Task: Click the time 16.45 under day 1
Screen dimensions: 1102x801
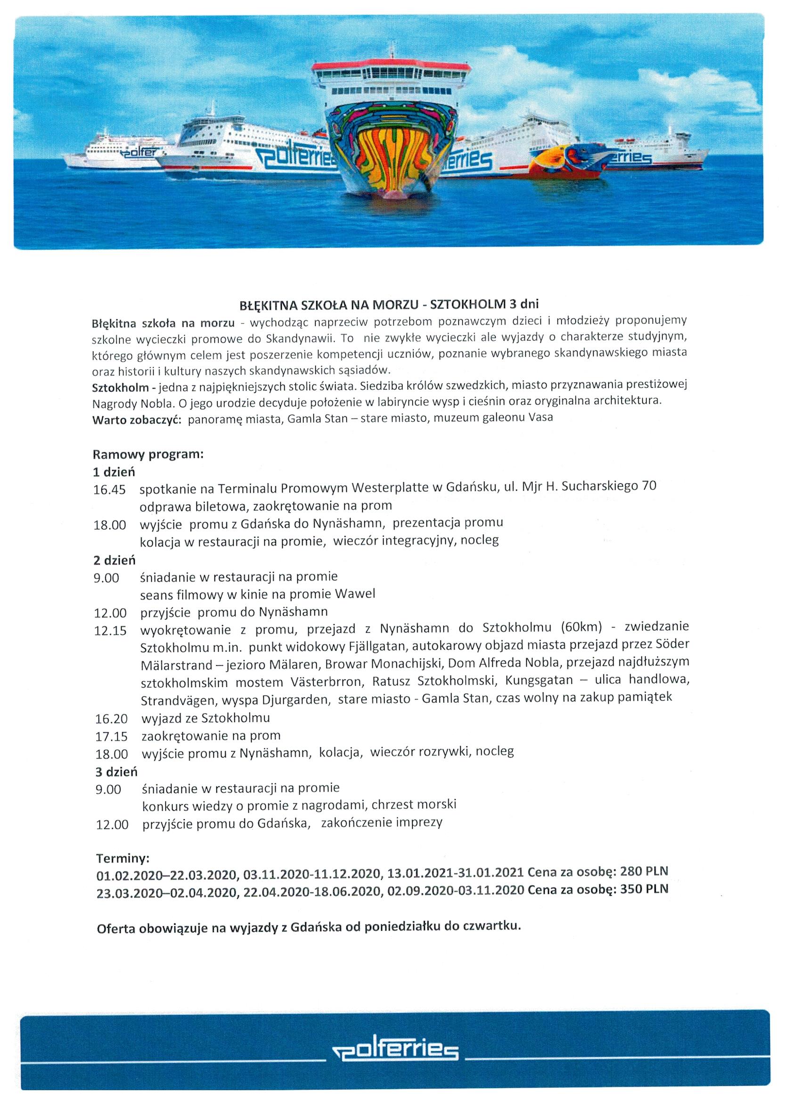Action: click(109, 489)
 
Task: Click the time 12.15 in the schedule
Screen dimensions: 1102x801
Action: click(110, 631)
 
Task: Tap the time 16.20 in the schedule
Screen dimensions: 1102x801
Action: click(111, 719)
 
